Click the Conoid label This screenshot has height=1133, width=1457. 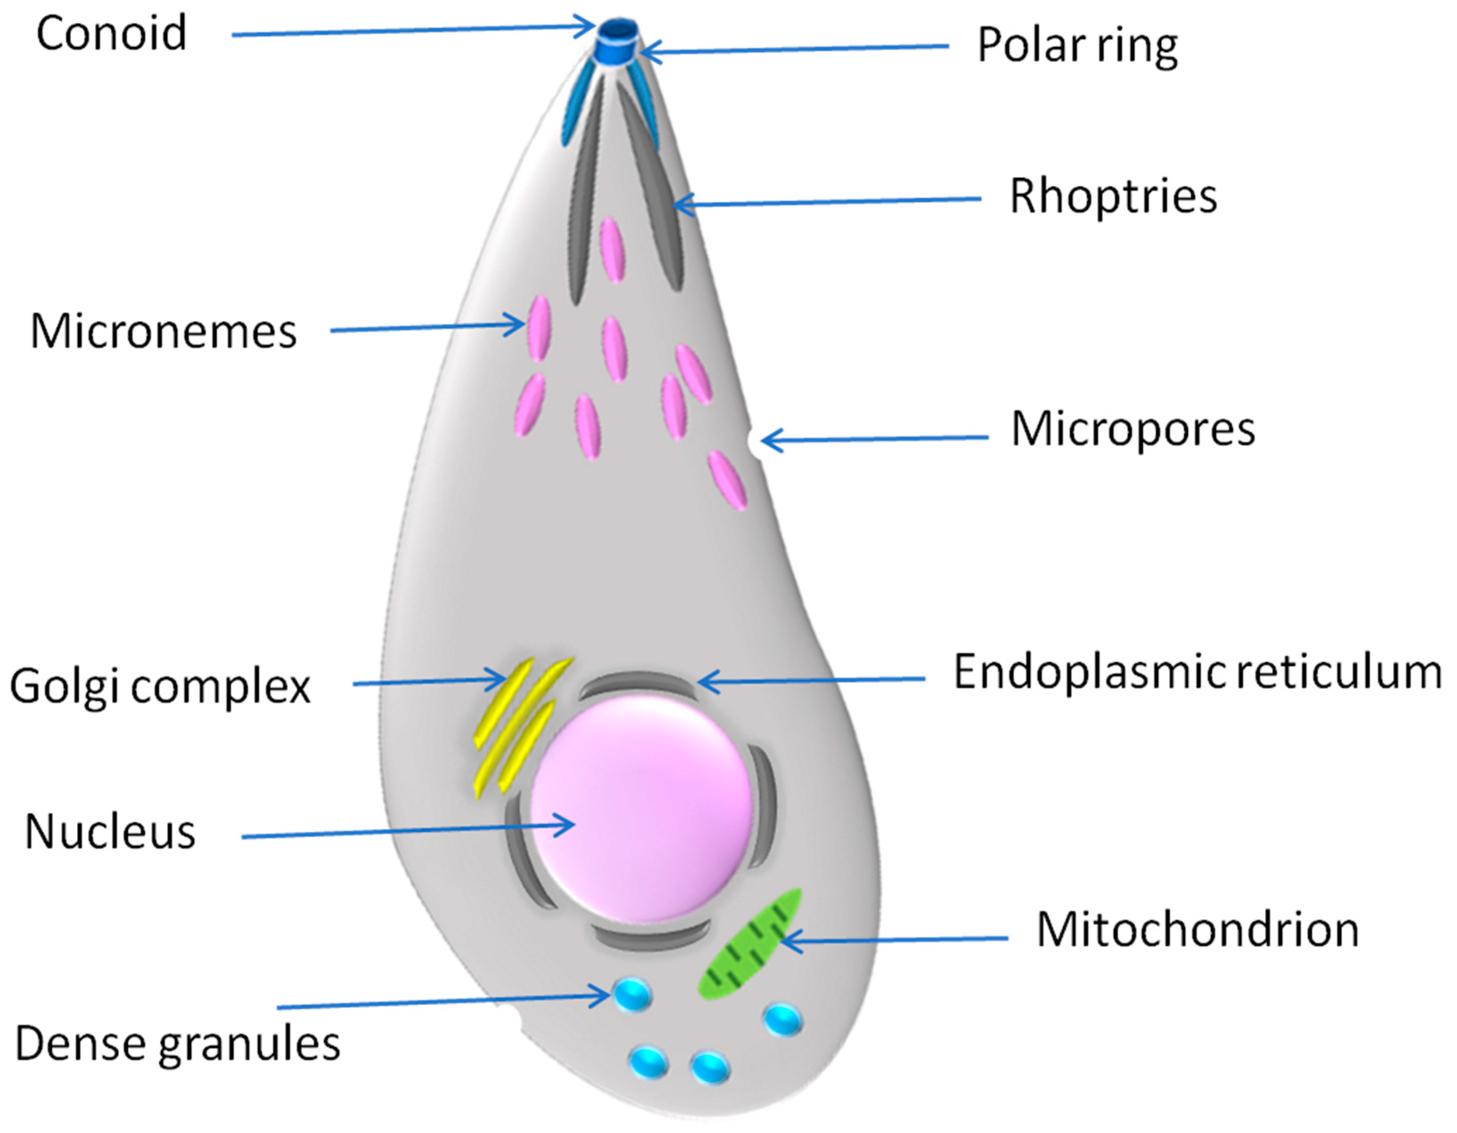111,33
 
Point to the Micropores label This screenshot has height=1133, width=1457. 1133,429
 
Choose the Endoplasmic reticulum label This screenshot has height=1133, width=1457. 1197,672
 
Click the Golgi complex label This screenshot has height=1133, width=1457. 160,686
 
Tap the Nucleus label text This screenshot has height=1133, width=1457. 110,832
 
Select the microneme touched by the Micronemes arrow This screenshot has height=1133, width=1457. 539,328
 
